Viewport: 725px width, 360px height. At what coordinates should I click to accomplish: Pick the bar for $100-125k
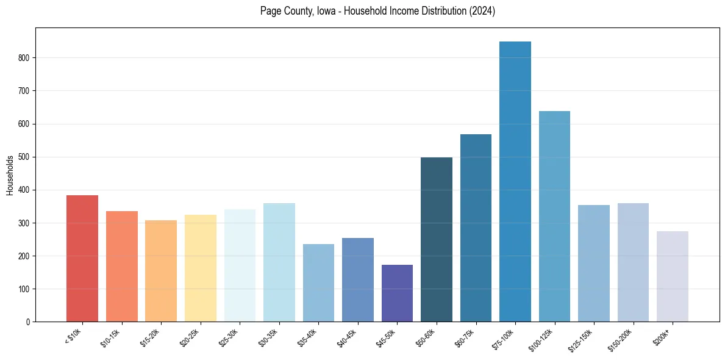pyautogui.click(x=554, y=217)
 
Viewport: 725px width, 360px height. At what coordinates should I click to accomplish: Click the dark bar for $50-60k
pyautogui.click(x=437, y=239)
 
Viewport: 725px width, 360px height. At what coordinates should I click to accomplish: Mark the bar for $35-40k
pyautogui.click(x=318, y=283)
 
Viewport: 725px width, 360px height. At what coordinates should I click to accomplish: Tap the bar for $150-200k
pyautogui.click(x=633, y=262)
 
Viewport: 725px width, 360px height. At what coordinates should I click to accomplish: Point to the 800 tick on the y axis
pyautogui.click(x=35, y=58)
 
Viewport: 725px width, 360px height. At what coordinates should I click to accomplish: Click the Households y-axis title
pyautogui.click(x=10, y=175)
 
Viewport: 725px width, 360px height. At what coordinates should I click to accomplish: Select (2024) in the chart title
pyautogui.click(x=482, y=11)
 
